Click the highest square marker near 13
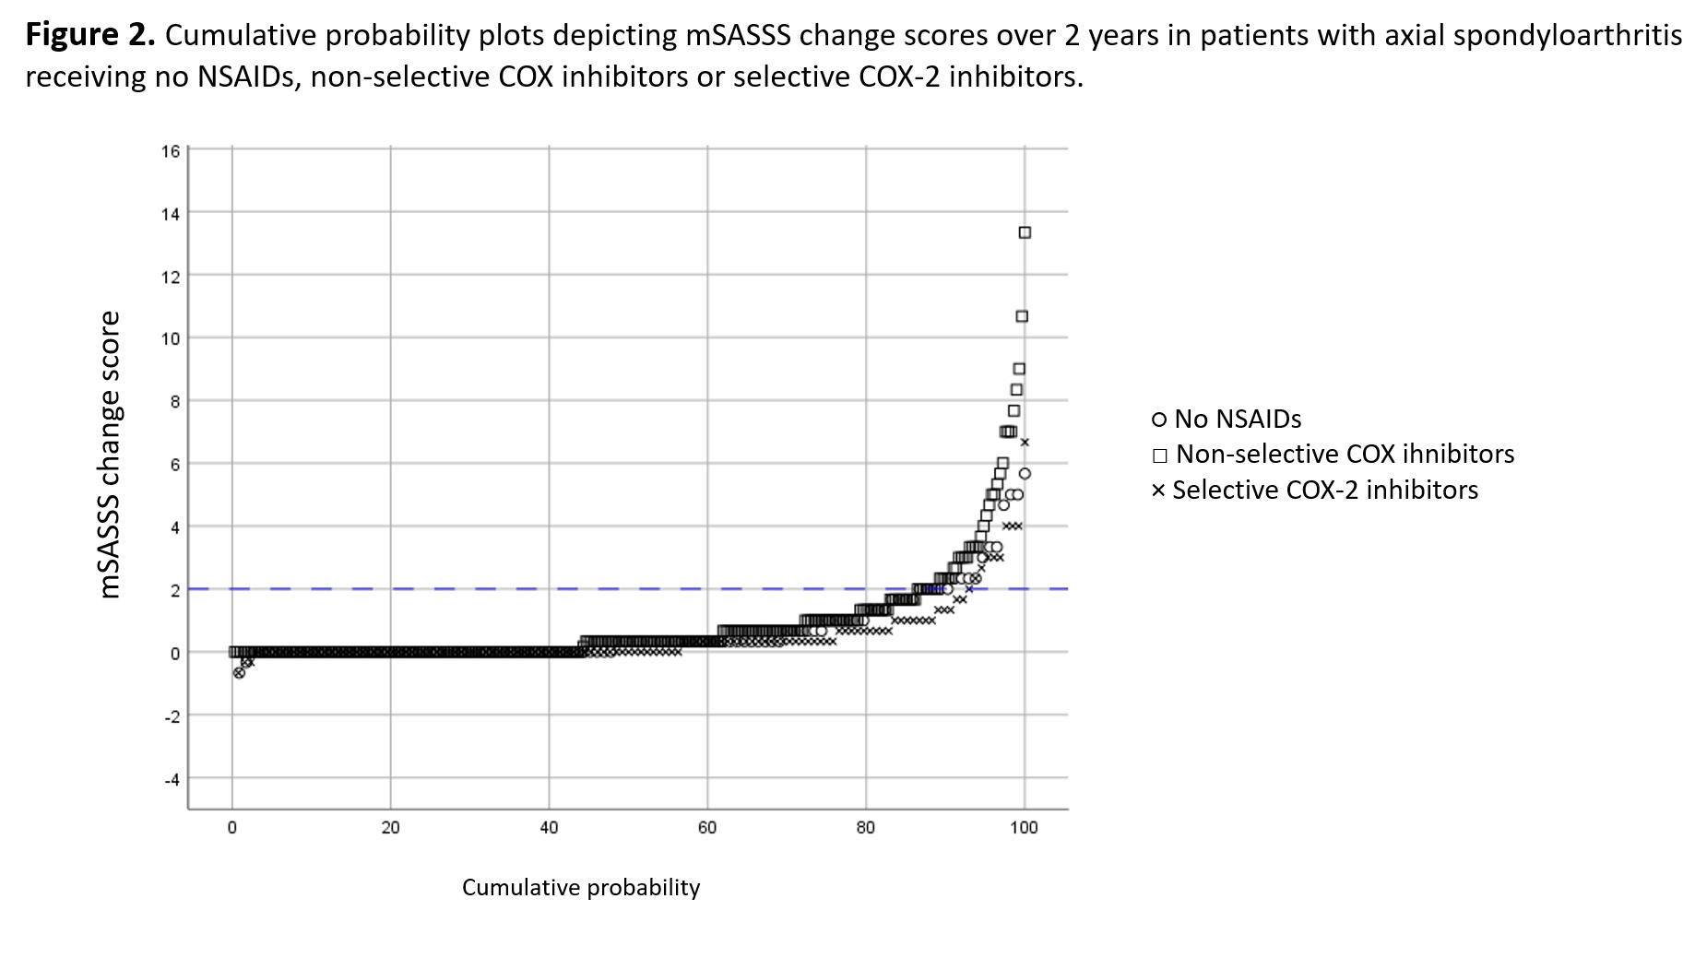1024,232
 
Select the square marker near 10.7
1022,316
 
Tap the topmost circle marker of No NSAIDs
1024,474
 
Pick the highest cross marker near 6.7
1024,443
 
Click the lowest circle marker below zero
239,673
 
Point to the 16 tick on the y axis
171,150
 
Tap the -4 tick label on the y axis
171,779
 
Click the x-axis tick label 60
707,828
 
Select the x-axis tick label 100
1024,828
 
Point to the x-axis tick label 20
390,828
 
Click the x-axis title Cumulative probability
581,887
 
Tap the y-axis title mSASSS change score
110,455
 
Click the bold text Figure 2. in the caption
89,35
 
